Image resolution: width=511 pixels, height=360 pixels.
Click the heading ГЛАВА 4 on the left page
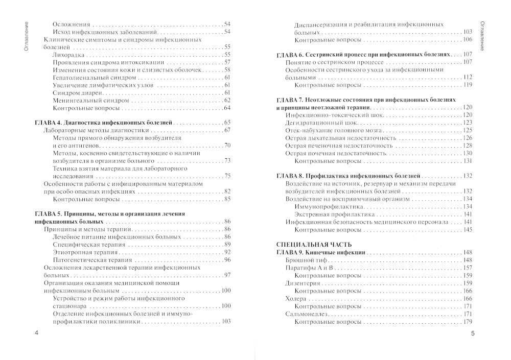[102, 123]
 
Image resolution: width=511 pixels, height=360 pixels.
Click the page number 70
[227, 146]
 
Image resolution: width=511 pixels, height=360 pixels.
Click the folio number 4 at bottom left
[36, 333]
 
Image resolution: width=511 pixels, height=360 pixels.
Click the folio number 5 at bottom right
[473, 333]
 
